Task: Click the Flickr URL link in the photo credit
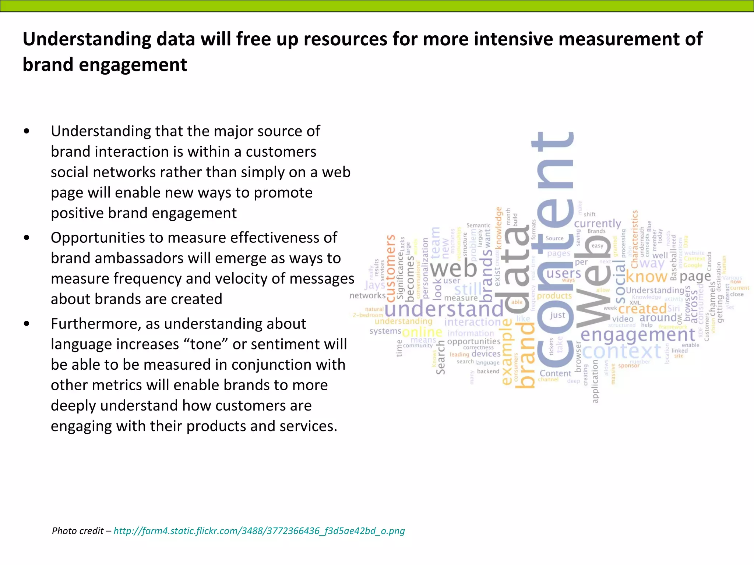pos(259,531)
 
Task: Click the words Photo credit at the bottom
pos(77,531)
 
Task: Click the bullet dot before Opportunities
pos(26,238)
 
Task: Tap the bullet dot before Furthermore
pos(26,324)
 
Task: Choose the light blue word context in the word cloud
pos(621,351)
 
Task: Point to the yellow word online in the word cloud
pos(422,332)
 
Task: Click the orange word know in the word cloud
pos(646,277)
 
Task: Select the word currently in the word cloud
pos(597,224)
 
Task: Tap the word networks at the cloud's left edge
pos(367,295)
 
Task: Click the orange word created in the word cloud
pos(642,309)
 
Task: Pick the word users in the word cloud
pos(563,274)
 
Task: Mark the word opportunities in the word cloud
pos(474,341)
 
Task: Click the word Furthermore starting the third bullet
pos(96,324)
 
